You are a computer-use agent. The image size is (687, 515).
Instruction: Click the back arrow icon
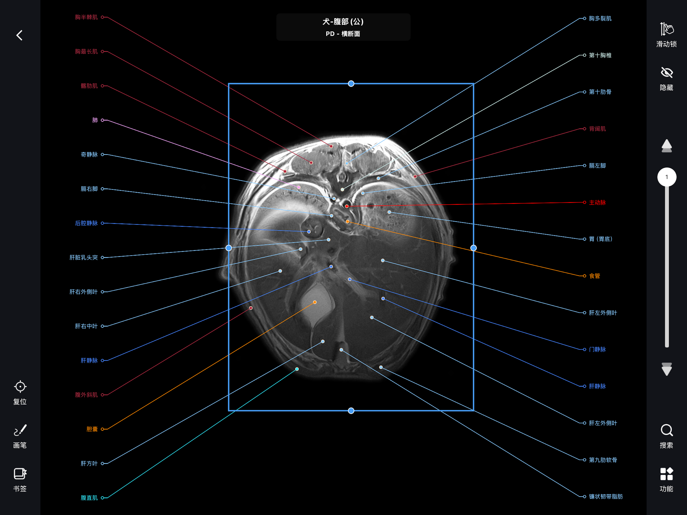(19, 35)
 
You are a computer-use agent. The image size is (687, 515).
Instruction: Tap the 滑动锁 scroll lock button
(666, 35)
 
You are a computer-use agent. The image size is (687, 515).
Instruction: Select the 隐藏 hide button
(666, 79)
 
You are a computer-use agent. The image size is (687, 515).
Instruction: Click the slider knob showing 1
(666, 177)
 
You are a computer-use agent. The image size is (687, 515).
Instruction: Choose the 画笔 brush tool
(20, 436)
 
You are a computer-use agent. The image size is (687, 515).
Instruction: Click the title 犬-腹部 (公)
(343, 21)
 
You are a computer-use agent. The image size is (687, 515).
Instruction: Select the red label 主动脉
(597, 202)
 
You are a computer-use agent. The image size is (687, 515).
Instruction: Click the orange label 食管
(594, 276)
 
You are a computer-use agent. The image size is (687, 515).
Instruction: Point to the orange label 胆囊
(92, 429)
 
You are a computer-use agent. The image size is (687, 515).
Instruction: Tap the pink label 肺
(95, 120)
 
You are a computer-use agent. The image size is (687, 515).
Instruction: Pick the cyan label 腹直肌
(89, 498)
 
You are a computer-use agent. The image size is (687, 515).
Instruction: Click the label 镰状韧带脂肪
(606, 496)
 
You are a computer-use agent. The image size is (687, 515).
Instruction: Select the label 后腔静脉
(86, 223)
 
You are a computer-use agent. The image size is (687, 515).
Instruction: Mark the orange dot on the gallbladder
(315, 302)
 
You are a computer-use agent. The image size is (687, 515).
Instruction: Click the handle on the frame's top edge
(351, 83)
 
